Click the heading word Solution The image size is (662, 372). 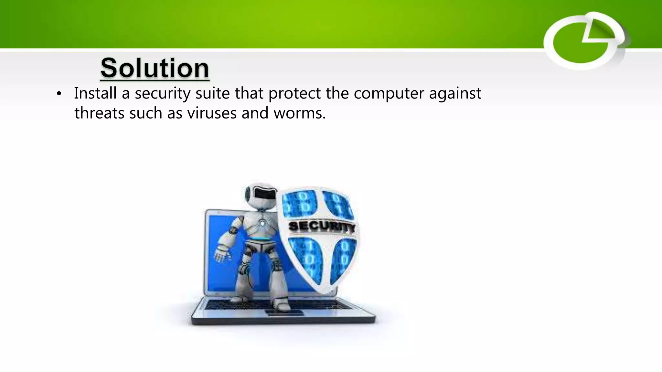pyautogui.click(x=155, y=68)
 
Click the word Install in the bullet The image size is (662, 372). pyautogui.click(x=95, y=93)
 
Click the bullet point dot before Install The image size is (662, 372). pyautogui.click(x=59, y=94)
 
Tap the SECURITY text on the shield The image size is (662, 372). pyautogui.click(x=321, y=227)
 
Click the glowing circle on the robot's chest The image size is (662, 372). pyautogui.click(x=262, y=223)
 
